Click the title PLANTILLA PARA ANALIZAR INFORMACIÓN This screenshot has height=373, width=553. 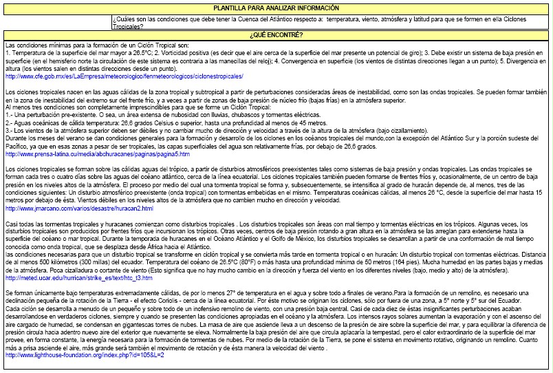(x=276, y=8)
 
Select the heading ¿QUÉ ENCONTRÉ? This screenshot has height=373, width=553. (x=276, y=33)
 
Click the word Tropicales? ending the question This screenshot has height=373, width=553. (x=127, y=25)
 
